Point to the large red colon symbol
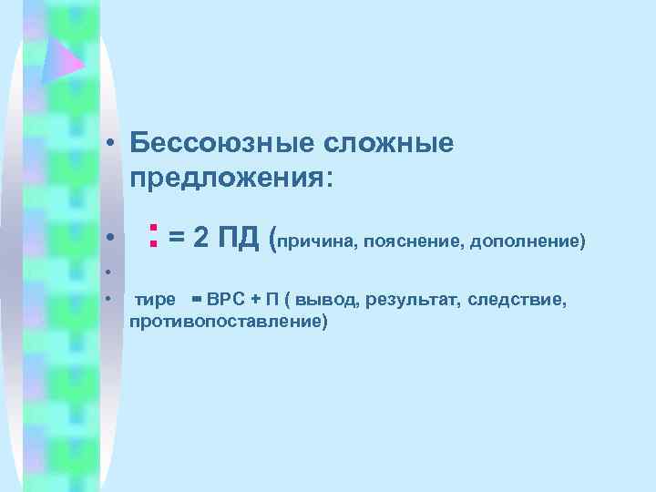(154, 237)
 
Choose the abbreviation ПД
(239, 239)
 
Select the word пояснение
(409, 242)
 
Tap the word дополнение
(523, 242)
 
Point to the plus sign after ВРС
(255, 300)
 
